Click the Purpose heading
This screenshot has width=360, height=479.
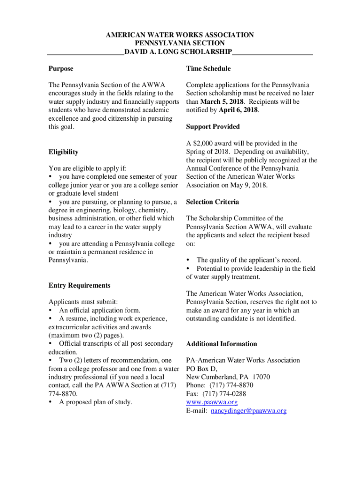61,69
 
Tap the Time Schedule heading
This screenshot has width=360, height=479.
208,69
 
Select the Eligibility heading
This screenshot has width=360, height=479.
63,152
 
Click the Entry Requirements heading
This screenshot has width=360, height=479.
79,285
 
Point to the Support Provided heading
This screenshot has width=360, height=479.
213,127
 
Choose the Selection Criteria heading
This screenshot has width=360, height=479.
212,202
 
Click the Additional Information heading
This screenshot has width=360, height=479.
221,344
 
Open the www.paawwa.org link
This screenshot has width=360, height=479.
212,402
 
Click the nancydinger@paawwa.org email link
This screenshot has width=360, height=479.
248,411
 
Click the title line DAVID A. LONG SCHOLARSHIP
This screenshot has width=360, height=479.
180,51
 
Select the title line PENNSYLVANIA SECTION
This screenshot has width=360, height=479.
180,43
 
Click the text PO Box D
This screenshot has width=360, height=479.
202,369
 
